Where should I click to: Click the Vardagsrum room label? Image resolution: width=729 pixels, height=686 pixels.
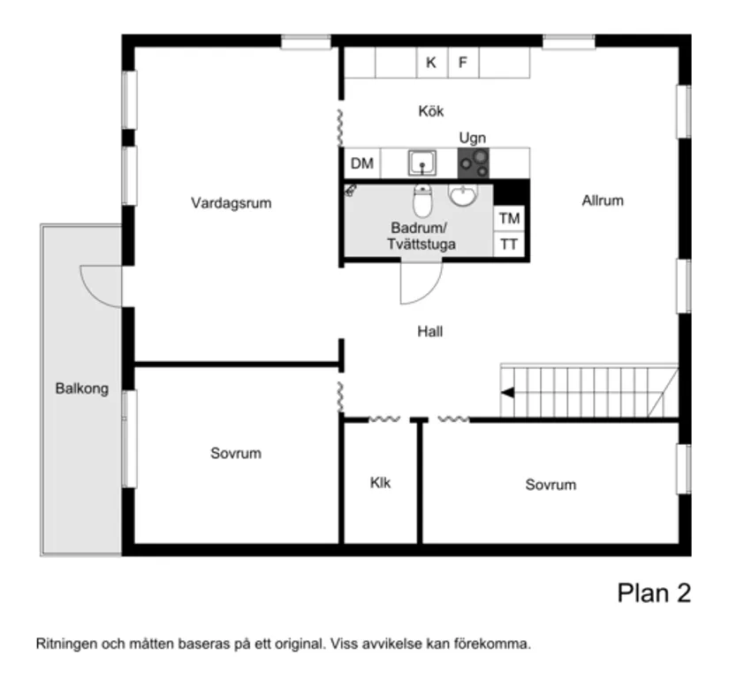point(231,203)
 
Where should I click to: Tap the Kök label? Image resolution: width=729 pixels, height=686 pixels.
point(431,112)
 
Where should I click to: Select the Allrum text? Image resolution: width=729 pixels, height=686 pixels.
point(603,200)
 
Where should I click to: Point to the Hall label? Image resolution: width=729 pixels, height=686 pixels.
point(430,332)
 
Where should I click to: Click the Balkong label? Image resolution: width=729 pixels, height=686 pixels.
point(81,388)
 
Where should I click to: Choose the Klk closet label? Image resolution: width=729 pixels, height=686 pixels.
point(380,483)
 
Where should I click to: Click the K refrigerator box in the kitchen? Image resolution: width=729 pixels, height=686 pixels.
point(431,63)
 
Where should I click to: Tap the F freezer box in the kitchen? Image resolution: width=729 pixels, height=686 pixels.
point(462,63)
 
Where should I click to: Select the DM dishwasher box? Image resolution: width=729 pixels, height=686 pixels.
point(361,163)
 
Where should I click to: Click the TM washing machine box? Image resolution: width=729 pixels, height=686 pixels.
point(509,218)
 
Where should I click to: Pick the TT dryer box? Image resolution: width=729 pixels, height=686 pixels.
point(509,245)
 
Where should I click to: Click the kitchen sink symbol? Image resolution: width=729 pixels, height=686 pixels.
point(422,162)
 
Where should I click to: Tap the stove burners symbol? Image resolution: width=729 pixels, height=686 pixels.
point(475,162)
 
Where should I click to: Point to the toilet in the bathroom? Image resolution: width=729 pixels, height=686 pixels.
point(422,201)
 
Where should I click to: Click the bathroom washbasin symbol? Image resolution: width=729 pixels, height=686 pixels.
point(463,194)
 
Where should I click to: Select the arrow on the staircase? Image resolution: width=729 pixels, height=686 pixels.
point(507,391)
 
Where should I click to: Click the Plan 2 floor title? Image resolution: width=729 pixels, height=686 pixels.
point(653,593)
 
